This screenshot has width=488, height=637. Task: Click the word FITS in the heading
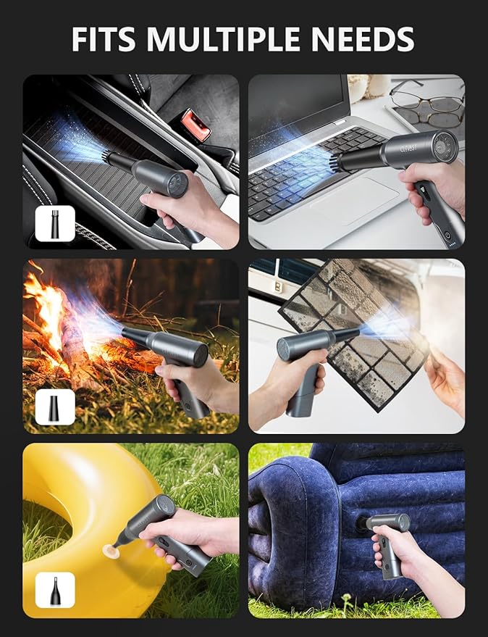[x=103, y=38]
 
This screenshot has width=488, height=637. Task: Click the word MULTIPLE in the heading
[x=222, y=38]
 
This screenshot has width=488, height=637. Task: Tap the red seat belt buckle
[x=195, y=124]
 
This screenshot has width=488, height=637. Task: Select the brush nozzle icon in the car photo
[x=55, y=223]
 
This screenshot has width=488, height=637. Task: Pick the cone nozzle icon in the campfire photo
[x=55, y=407]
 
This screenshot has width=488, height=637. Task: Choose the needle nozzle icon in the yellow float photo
[x=55, y=590]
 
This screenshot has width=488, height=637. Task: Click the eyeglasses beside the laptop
[x=427, y=104]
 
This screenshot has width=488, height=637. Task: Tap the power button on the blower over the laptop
[x=447, y=234]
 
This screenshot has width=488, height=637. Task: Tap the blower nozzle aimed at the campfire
[x=137, y=336]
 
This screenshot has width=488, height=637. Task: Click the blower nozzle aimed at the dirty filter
[x=345, y=334]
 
